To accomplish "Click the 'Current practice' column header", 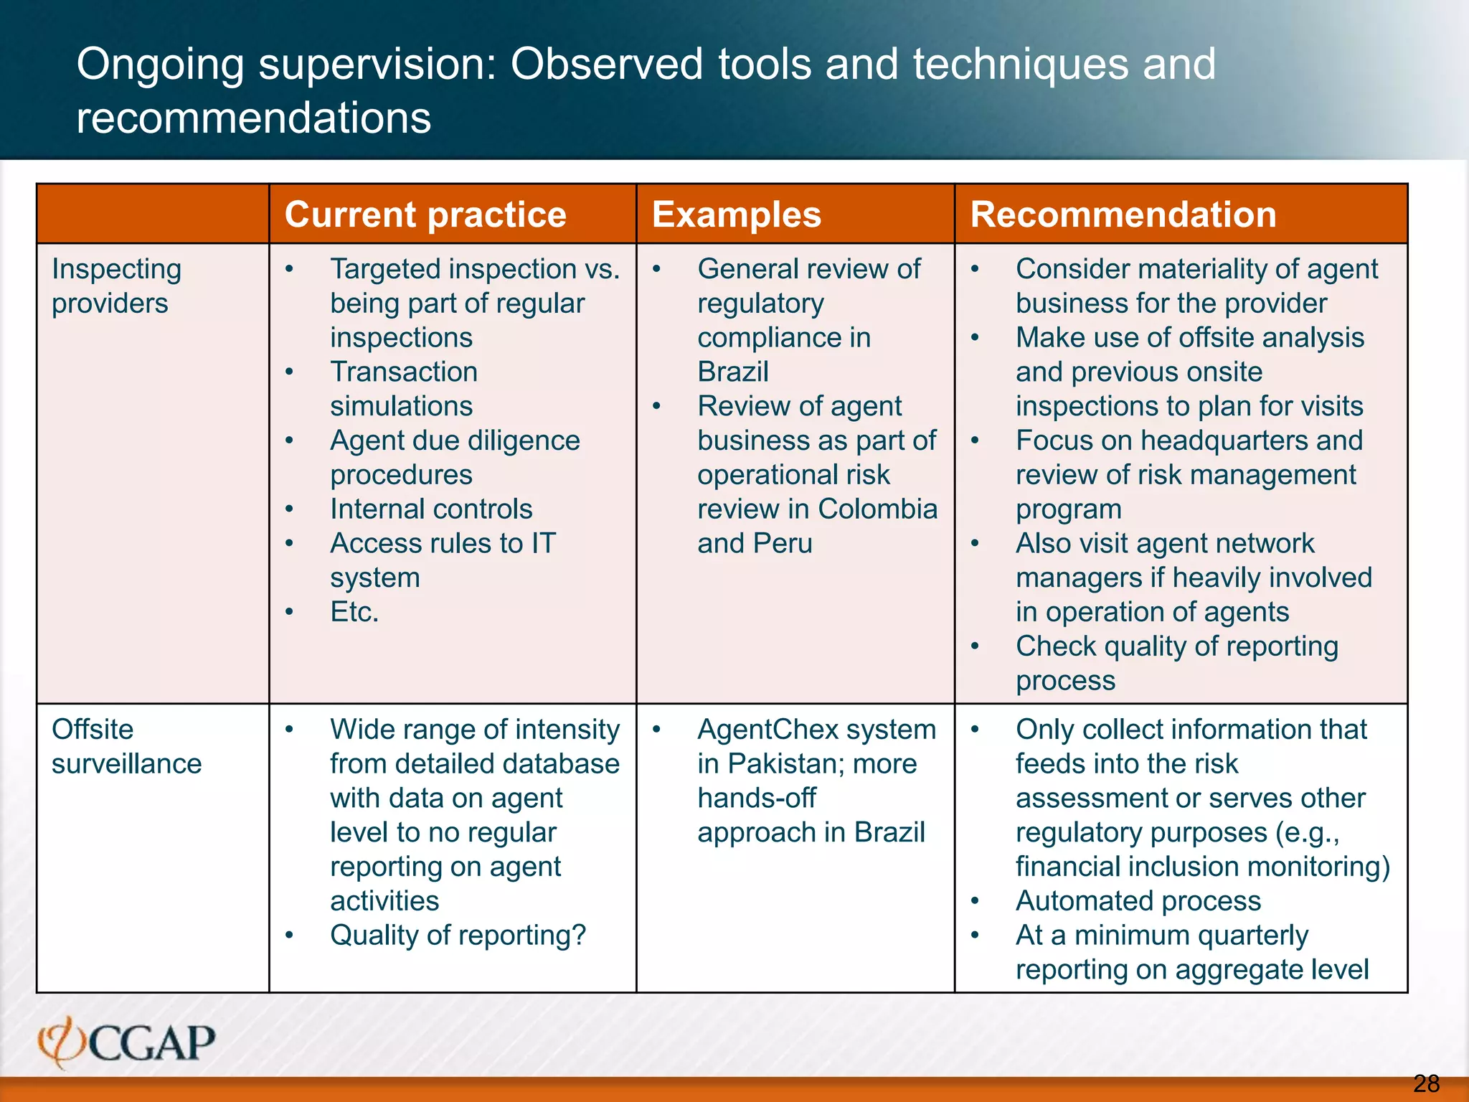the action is click(x=425, y=215).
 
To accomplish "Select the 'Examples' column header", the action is click(x=737, y=215).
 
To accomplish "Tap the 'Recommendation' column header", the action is click(x=1123, y=215).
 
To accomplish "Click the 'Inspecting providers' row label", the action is click(x=116, y=286).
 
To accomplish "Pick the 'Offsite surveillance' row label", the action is click(x=126, y=746).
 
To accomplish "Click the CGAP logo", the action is click(x=127, y=1042).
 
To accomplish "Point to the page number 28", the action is click(x=1426, y=1083).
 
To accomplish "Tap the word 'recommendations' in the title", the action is click(x=254, y=118).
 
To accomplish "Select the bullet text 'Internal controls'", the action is click(x=431, y=509).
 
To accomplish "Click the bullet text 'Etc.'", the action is click(x=354, y=612).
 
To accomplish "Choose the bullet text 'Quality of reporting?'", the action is click(x=458, y=936).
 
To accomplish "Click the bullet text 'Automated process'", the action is click(x=1138, y=901).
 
